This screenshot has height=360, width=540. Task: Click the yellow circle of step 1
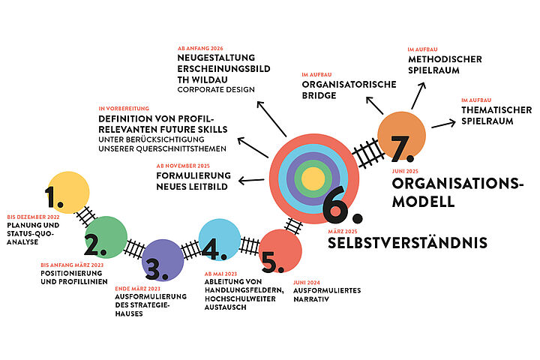tap(67, 192)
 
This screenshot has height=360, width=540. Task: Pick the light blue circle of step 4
tap(219, 240)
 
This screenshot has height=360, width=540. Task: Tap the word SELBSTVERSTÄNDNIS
tap(407, 242)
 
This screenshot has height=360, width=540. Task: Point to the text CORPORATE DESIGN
tap(216, 90)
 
